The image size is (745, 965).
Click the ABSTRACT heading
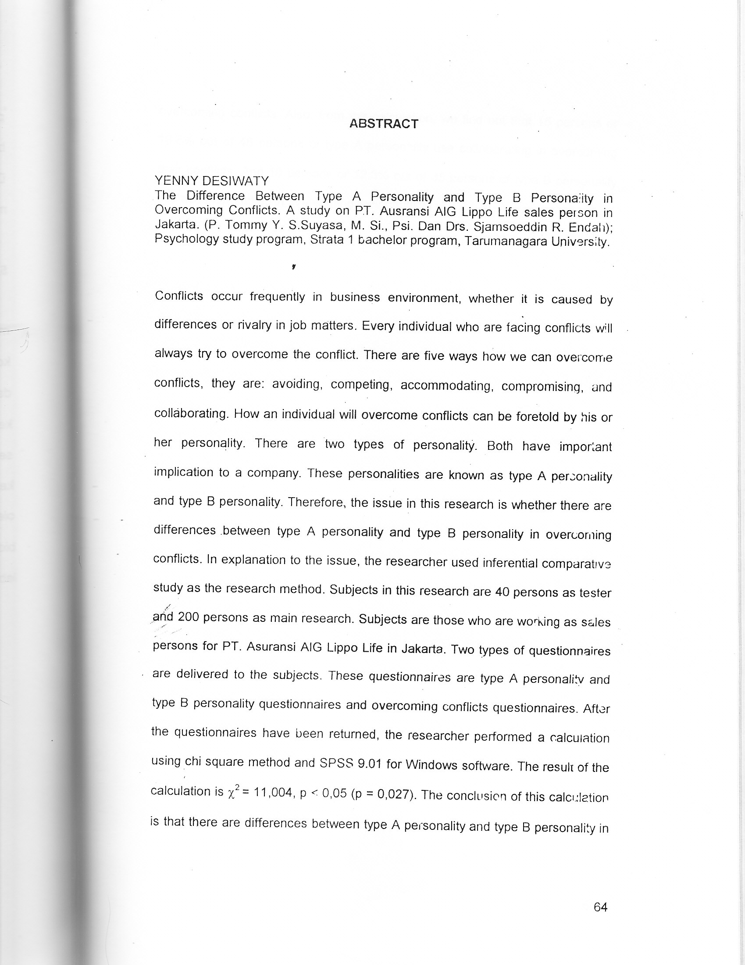[383, 124]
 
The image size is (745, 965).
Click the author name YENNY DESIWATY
[211, 181]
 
